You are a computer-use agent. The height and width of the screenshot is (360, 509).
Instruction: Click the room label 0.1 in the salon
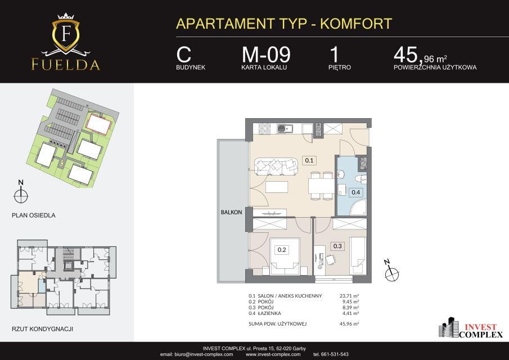(x=309, y=160)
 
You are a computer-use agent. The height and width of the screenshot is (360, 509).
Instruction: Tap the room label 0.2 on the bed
(x=282, y=250)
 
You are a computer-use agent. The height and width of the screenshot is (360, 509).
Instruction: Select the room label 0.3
(x=337, y=246)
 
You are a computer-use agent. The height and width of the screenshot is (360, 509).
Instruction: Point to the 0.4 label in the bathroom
(x=356, y=192)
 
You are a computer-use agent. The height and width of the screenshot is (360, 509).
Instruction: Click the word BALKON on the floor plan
(x=232, y=212)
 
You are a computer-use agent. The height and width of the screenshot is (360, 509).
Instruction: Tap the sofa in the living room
(x=276, y=166)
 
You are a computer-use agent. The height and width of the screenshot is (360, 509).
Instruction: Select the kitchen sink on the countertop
(x=285, y=129)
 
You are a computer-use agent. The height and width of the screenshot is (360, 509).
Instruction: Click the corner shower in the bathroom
(x=358, y=208)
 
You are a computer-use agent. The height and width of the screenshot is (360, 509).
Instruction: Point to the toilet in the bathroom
(x=361, y=179)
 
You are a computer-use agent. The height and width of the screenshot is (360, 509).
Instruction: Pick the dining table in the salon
(x=321, y=186)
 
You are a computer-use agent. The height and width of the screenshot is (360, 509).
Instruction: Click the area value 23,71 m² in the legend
(x=349, y=296)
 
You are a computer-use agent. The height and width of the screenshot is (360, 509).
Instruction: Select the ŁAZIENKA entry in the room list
(x=269, y=313)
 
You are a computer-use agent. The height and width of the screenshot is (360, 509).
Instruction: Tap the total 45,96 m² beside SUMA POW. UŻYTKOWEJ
(x=349, y=324)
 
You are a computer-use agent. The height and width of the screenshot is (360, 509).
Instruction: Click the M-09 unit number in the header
(x=266, y=55)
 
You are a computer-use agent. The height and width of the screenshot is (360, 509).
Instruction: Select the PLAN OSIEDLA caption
(x=33, y=215)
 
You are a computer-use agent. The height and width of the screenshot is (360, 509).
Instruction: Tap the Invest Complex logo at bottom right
(x=471, y=328)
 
